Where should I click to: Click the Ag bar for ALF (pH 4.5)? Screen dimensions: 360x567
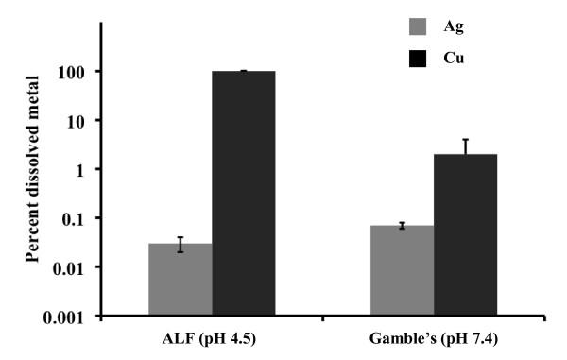pyautogui.click(x=180, y=280)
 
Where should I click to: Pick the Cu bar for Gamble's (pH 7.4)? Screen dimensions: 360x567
pyautogui.click(x=465, y=235)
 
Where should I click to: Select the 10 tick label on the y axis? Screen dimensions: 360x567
pyautogui.click(x=81, y=121)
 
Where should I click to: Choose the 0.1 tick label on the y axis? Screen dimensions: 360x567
pyautogui.click(x=78, y=218)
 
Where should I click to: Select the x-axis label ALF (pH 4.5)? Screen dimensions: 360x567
pyautogui.click(x=212, y=340)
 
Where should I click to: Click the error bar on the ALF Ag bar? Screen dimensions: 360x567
pyautogui.click(x=180, y=244)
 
